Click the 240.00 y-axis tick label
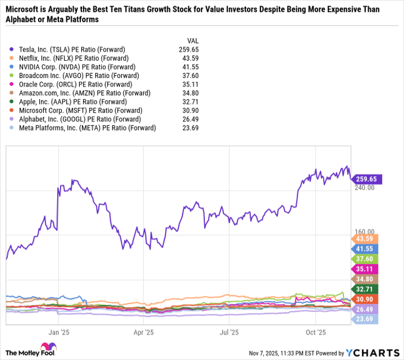pos(364,188)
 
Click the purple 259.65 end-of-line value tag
pos(365,179)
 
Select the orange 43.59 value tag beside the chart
pos(365,239)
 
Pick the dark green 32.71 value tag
pos(365,288)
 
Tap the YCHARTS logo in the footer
pos(371,351)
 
